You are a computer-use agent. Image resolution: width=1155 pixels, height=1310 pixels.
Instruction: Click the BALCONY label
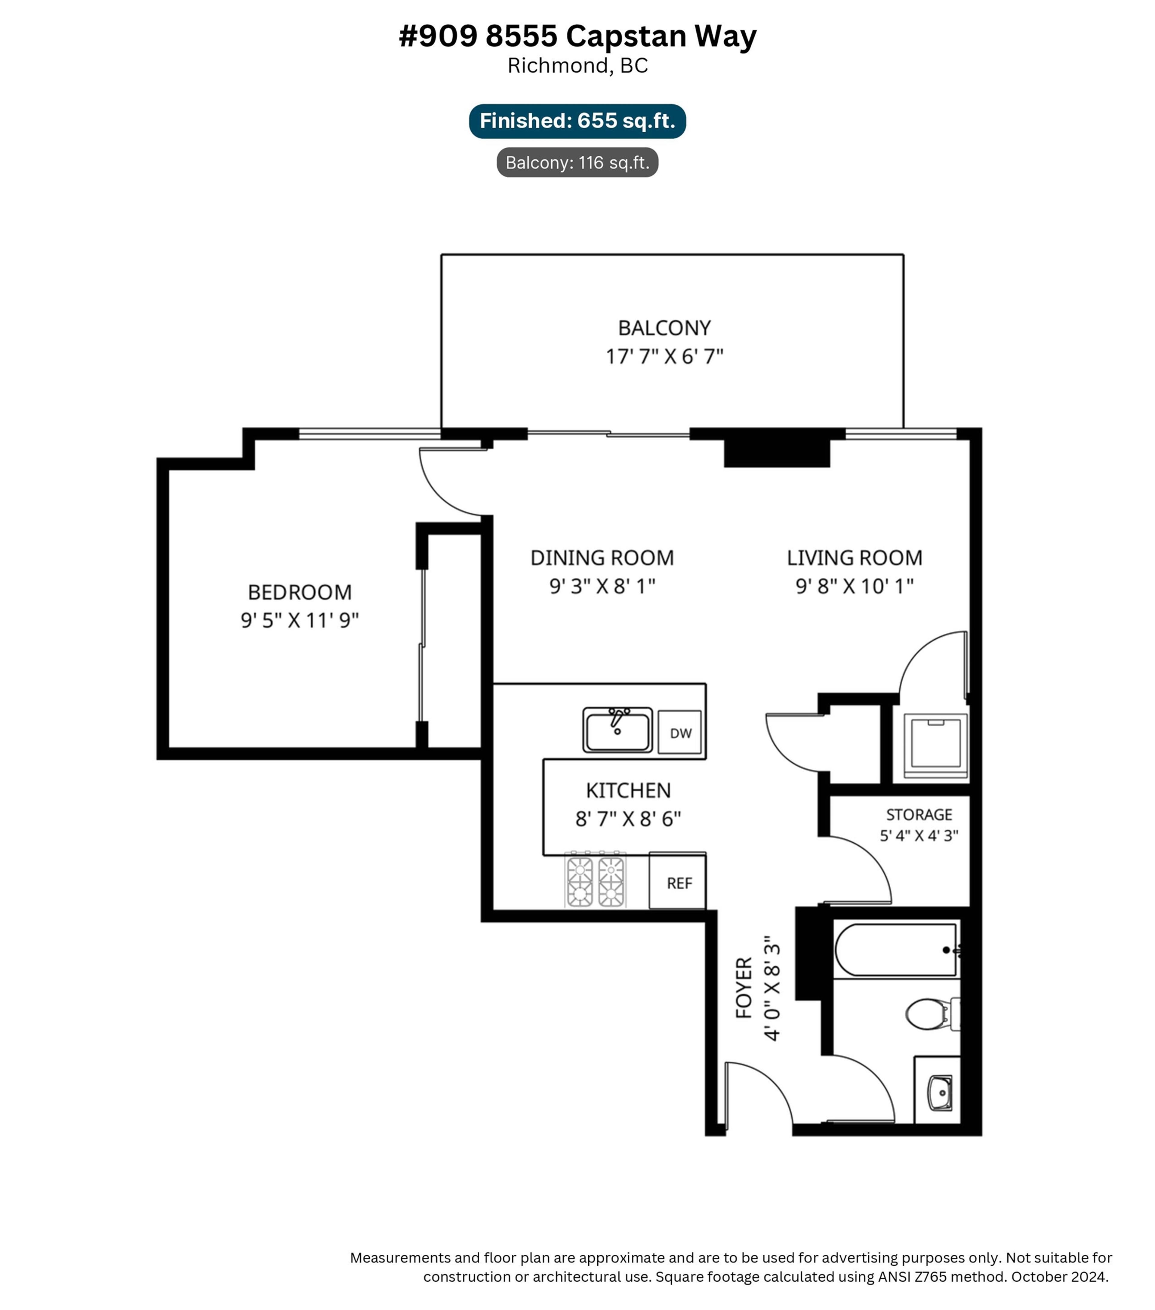tap(664, 328)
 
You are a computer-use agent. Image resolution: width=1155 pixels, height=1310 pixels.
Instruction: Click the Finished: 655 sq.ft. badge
tap(577, 121)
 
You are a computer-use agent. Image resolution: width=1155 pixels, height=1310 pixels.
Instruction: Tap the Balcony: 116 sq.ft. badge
tap(577, 163)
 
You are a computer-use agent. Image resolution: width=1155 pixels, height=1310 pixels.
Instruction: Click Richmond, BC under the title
tap(577, 66)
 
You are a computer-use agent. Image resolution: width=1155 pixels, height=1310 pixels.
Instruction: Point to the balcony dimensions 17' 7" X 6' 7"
tap(664, 356)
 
